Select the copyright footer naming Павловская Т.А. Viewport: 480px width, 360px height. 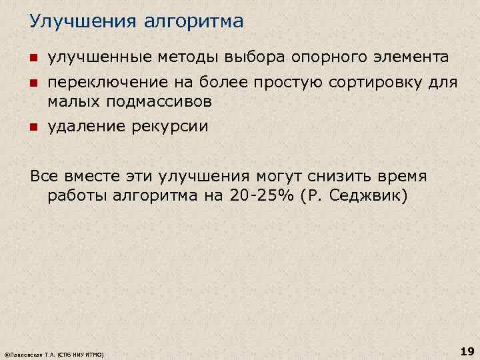[53, 355]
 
